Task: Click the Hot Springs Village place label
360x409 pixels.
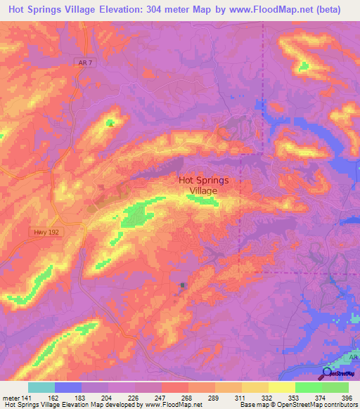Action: coord(204,185)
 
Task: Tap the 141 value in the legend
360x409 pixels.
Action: coord(27,397)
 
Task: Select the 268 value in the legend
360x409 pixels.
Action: coord(188,397)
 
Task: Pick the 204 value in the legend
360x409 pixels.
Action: coord(108,397)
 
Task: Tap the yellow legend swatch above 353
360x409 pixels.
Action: coord(281,387)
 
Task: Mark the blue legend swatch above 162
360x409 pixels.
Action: coord(67,387)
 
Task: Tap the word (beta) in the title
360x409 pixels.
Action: coord(326,10)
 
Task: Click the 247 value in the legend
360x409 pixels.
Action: coord(161,397)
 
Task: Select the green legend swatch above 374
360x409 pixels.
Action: coord(308,387)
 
